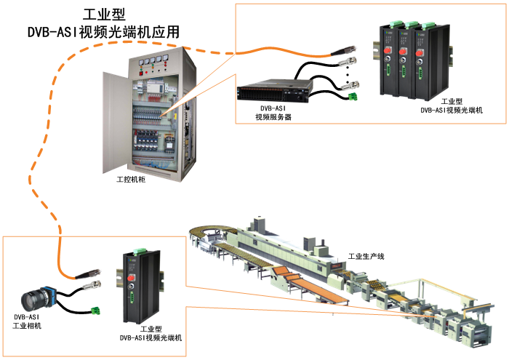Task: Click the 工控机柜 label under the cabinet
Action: point(131,179)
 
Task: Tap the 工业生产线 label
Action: point(365,257)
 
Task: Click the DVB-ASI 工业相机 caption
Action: point(28,321)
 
